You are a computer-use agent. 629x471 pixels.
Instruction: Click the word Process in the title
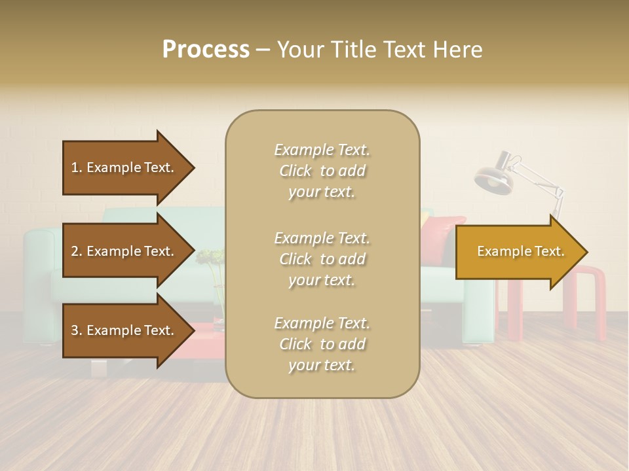pyautogui.click(x=206, y=50)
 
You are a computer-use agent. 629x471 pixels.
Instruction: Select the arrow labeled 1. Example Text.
pyautogui.click(x=124, y=167)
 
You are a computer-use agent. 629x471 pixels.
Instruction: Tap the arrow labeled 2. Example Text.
pyautogui.click(x=124, y=251)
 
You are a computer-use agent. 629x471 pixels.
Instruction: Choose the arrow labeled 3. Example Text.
pyautogui.click(x=124, y=330)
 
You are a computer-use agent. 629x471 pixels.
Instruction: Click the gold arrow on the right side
pyautogui.click(x=518, y=252)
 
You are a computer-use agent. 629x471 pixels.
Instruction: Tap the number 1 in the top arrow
pyautogui.click(x=75, y=167)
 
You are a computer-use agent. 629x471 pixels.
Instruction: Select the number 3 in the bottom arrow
pyautogui.click(x=75, y=330)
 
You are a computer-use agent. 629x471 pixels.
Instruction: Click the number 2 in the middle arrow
pyautogui.click(x=75, y=251)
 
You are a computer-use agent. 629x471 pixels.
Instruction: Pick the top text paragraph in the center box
pyautogui.click(x=322, y=171)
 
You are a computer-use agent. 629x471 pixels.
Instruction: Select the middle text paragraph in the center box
pyautogui.click(x=322, y=259)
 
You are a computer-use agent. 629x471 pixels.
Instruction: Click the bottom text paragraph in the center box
pyautogui.click(x=322, y=344)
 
